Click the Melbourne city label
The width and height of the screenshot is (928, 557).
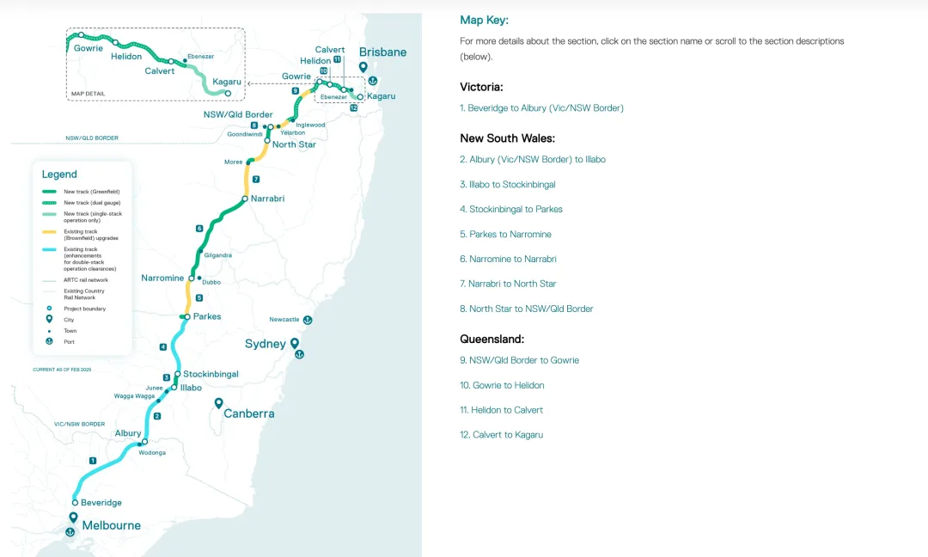(111, 525)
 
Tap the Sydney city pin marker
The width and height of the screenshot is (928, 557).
(295, 345)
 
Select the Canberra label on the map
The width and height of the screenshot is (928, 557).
(249, 413)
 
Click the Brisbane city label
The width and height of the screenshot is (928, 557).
(382, 52)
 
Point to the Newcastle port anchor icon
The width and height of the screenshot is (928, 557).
(308, 320)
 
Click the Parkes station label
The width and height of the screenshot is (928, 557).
(207, 316)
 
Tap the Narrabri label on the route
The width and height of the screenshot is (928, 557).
(267, 199)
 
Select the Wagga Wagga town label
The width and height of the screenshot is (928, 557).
(134, 396)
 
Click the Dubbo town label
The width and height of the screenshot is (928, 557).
(211, 281)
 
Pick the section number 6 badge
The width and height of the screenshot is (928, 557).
(199, 229)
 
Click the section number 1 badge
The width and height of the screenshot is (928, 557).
(92, 461)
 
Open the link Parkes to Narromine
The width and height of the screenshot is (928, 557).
(505, 234)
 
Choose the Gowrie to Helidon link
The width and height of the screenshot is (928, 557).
(502, 385)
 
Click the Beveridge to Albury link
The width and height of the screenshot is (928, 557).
(541, 108)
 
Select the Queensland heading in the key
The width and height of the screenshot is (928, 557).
(491, 340)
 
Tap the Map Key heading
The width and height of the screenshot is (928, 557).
(484, 21)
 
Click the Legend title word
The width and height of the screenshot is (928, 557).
(59, 174)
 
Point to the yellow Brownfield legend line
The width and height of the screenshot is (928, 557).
(51, 231)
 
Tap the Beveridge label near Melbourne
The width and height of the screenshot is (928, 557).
(101, 503)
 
